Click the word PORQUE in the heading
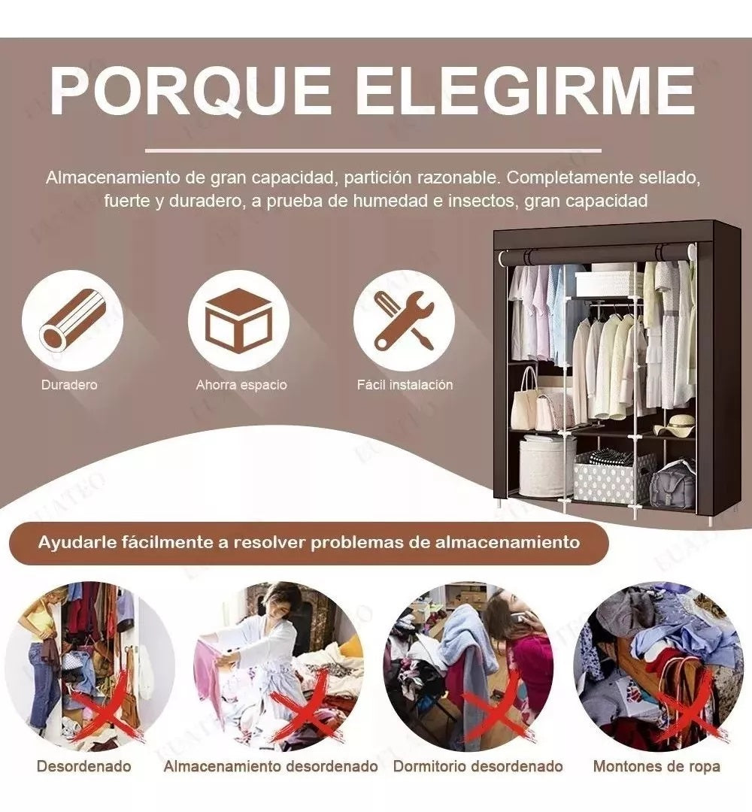[191, 92]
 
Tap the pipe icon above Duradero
[71, 320]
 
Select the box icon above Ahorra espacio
[238, 320]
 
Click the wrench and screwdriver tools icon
[404, 320]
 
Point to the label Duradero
[69, 385]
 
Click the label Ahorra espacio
[241, 385]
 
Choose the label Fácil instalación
[405, 385]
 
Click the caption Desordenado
[83, 767]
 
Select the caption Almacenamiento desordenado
[271, 767]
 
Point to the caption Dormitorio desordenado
[478, 767]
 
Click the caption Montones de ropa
[656, 767]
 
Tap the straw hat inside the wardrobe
[676, 426]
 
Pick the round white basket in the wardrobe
[546, 466]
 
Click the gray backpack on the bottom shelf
[672, 486]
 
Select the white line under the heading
[373, 151]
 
